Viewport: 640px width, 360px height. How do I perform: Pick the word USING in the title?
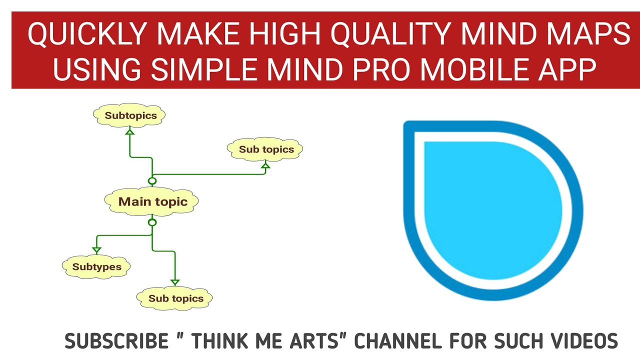pos(97,70)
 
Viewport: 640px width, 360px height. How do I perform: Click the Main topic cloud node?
pos(152,202)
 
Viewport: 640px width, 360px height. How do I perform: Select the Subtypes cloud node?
pos(96,266)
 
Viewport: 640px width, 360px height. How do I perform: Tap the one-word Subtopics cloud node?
pos(130,115)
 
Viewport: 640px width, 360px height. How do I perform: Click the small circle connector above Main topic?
pos(152,181)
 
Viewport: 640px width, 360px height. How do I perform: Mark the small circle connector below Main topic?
pos(152,222)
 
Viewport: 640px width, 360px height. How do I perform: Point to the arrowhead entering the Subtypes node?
pos(96,250)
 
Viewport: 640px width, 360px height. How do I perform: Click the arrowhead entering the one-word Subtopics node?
pos(130,132)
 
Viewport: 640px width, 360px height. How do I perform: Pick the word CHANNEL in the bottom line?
pos(398,341)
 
